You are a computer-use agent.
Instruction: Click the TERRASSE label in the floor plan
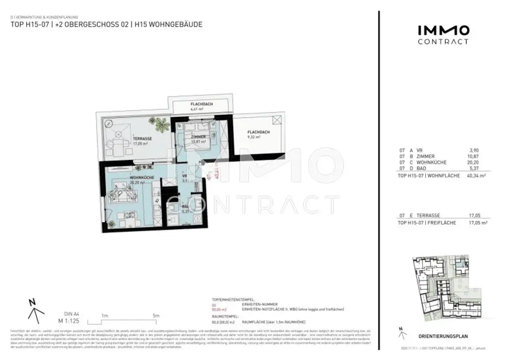(142, 139)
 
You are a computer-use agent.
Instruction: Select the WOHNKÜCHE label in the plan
(141, 177)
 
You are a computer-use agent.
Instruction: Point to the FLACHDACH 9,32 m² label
(258, 132)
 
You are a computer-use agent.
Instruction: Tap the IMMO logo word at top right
(443, 30)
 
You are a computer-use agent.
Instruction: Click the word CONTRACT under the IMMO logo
(443, 42)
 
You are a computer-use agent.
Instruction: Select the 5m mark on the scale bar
(156, 315)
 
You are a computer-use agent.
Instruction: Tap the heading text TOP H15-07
(29, 24)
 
